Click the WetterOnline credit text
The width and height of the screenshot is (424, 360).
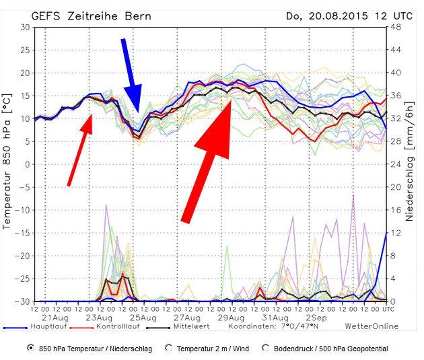pos(371,326)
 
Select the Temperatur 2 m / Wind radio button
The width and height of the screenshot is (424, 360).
pos(169,349)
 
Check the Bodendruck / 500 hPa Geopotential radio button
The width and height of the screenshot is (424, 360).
pos(267,349)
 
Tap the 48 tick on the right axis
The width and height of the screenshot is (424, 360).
pos(396,27)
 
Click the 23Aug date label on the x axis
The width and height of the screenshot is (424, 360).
pos(99,316)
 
